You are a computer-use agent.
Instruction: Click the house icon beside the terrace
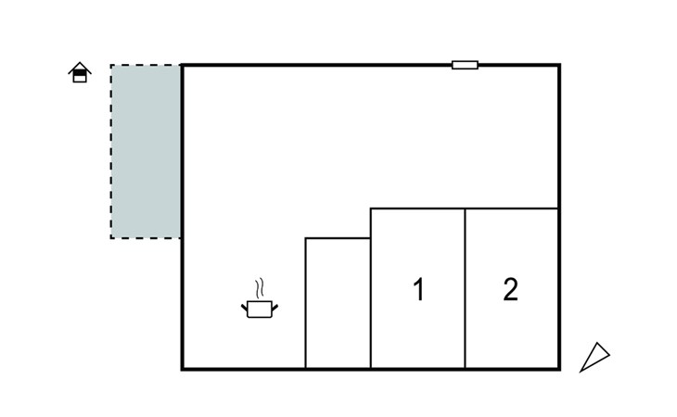click(x=80, y=72)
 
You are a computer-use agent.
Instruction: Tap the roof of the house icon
click(x=80, y=66)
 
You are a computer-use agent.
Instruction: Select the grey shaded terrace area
click(x=146, y=151)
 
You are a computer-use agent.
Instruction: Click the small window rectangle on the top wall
click(x=465, y=65)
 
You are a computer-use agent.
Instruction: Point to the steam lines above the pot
click(x=259, y=288)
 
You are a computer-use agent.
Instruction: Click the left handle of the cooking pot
click(x=245, y=308)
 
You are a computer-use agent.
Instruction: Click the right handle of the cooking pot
click(x=275, y=308)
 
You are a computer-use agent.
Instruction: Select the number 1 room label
click(x=419, y=289)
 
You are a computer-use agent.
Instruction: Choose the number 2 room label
click(x=510, y=289)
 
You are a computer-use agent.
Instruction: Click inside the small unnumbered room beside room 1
click(x=338, y=303)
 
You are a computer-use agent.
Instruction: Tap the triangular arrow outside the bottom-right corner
click(x=594, y=357)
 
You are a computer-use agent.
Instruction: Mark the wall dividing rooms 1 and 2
click(x=465, y=288)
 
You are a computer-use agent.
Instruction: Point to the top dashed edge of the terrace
click(x=146, y=65)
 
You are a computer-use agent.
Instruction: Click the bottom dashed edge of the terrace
click(x=146, y=238)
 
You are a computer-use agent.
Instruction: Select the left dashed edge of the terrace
click(x=111, y=151)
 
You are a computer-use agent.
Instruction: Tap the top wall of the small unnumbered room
click(x=338, y=238)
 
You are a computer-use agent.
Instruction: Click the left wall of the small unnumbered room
click(x=306, y=303)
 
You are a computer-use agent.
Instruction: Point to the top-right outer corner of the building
click(x=559, y=65)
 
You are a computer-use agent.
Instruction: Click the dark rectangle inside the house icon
click(x=80, y=73)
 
